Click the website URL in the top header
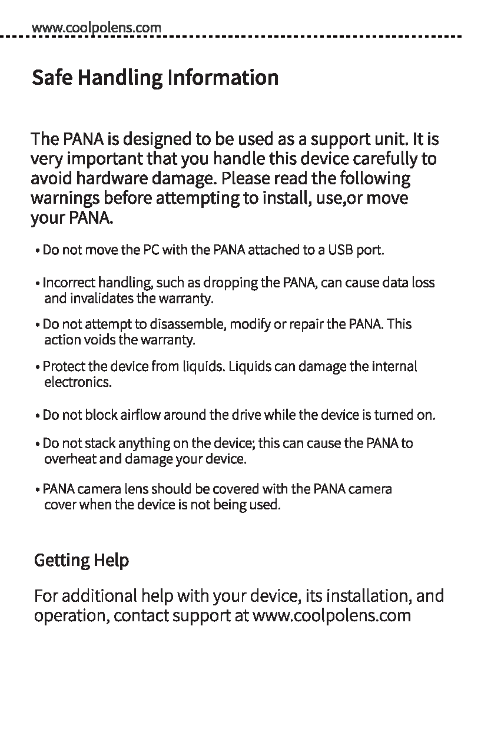(96, 27)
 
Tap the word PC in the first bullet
(150, 250)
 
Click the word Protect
(64, 367)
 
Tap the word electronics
(78, 383)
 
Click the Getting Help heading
(82, 560)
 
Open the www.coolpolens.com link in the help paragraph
(331, 616)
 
